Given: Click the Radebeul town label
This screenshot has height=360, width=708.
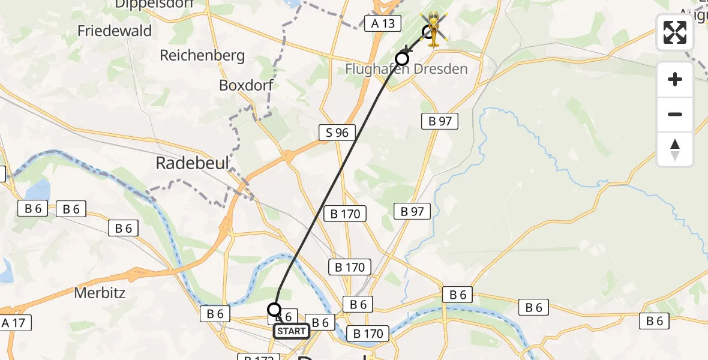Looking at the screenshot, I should (x=192, y=163).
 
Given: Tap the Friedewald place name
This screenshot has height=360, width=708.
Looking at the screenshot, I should (x=115, y=31).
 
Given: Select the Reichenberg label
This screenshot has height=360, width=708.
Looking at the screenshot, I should (x=202, y=56).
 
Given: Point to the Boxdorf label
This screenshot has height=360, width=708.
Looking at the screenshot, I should (x=246, y=85).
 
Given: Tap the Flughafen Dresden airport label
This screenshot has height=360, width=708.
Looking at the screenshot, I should (x=406, y=69).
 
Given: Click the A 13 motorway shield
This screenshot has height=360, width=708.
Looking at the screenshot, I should (x=382, y=23).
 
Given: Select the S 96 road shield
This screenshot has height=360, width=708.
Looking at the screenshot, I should (x=337, y=133).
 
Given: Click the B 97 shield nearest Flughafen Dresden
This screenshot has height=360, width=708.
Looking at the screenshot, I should (x=440, y=121).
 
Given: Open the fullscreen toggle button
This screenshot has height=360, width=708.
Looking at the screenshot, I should (x=675, y=32).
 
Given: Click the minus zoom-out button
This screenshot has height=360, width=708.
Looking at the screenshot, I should (x=675, y=114).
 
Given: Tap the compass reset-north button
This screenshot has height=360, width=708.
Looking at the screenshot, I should (x=675, y=149).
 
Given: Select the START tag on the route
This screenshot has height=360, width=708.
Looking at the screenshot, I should (x=292, y=331).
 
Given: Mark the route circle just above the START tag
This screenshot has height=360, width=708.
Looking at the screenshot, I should (x=274, y=310).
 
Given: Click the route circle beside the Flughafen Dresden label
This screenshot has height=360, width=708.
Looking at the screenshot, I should (x=401, y=58).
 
